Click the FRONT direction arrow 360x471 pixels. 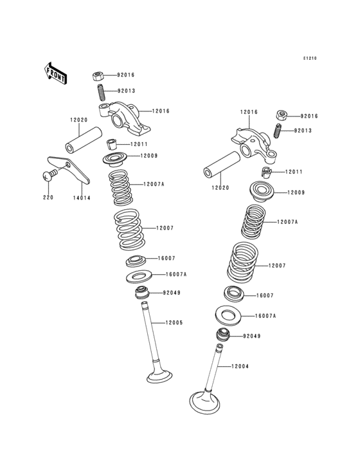pyautogui.click(x=55, y=73)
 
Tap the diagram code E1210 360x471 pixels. pyautogui.click(x=310, y=59)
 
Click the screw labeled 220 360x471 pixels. pyautogui.click(x=50, y=175)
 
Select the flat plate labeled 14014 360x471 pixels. pyautogui.click(x=69, y=170)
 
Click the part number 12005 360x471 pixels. pyautogui.click(x=174, y=322)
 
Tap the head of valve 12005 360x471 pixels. pyautogui.click(x=159, y=376)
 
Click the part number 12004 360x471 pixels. pyautogui.click(x=240, y=367)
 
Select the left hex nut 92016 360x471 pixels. pyautogui.click(x=98, y=76)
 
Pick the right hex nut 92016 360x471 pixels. pyautogui.click(x=282, y=115)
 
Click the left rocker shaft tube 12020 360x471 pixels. pyautogui.click(x=84, y=140)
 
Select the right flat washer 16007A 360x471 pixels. pyautogui.click(x=228, y=316)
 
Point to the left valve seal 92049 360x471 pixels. pyautogui.click(x=142, y=293)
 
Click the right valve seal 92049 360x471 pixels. pyautogui.click(x=223, y=335)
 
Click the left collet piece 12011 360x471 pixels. pyautogui.click(x=112, y=145)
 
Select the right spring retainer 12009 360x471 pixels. pyautogui.click(x=262, y=192)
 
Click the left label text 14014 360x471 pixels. pyautogui.click(x=82, y=198)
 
